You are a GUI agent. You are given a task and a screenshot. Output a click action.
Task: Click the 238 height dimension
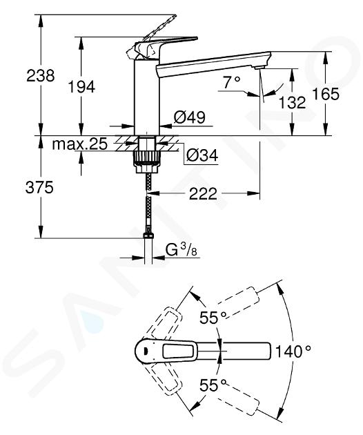pos(41,75)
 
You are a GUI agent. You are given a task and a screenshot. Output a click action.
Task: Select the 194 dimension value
pos(81,86)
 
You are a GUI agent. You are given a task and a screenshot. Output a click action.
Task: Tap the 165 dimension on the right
pos(325,94)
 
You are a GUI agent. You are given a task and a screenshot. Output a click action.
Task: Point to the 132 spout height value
pos(292,102)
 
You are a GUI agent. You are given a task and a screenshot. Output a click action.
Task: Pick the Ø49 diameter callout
pos(189,117)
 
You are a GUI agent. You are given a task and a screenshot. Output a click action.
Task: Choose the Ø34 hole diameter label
pos(202,155)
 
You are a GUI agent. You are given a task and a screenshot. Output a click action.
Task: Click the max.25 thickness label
pos(79,144)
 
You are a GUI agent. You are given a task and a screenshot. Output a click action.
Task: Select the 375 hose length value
pos(39,188)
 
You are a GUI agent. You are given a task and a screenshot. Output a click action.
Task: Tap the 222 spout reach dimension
pos(203,193)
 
